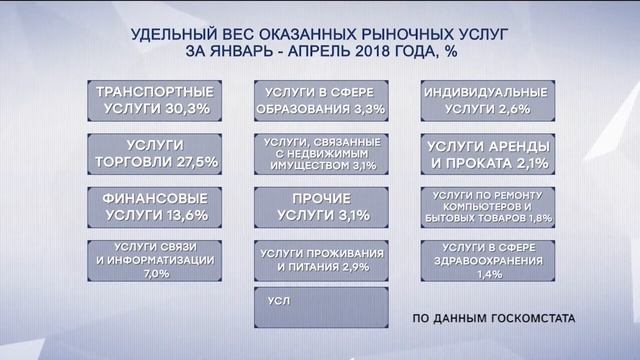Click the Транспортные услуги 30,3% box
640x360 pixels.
click(154, 99)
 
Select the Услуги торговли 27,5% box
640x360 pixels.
click(154, 152)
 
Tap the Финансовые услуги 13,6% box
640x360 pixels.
click(154, 205)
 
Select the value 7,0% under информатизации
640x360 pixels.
click(154, 272)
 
